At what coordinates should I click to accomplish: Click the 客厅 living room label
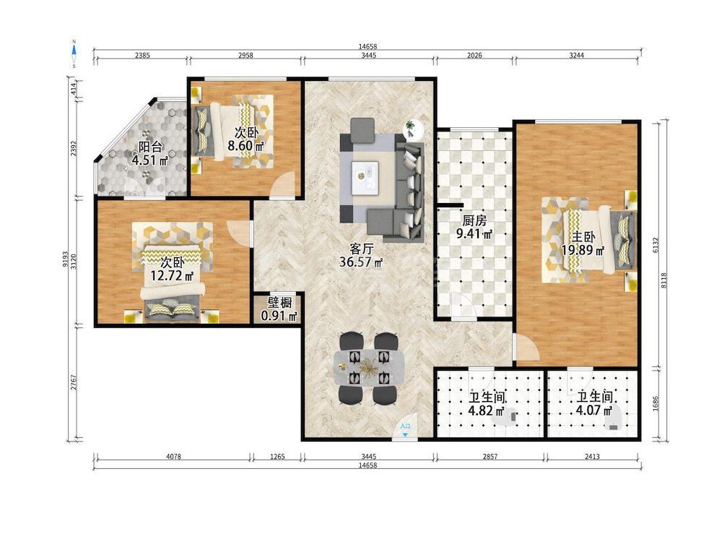tap(362, 249)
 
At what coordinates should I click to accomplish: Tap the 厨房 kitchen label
tap(474, 220)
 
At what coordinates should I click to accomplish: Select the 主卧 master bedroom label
tap(583, 237)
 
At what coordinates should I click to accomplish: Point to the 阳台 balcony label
tap(150, 147)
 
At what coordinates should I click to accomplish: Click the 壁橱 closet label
tap(279, 302)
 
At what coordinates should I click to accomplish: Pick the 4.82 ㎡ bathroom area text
tap(487, 410)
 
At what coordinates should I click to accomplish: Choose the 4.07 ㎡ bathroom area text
tap(594, 410)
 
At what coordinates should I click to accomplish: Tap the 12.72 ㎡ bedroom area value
tap(173, 276)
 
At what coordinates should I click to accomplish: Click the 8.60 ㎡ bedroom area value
tap(246, 146)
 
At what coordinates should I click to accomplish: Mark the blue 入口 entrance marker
tap(405, 430)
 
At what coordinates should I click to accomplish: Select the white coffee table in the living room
tap(365, 176)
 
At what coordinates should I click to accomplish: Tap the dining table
tap(368, 367)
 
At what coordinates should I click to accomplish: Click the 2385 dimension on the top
tap(142, 56)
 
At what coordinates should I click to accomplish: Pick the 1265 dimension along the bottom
tap(277, 457)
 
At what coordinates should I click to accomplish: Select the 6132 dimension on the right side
tap(656, 244)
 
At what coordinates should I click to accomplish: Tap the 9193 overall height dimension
tap(66, 259)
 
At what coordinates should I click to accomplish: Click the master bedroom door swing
tap(526, 348)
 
